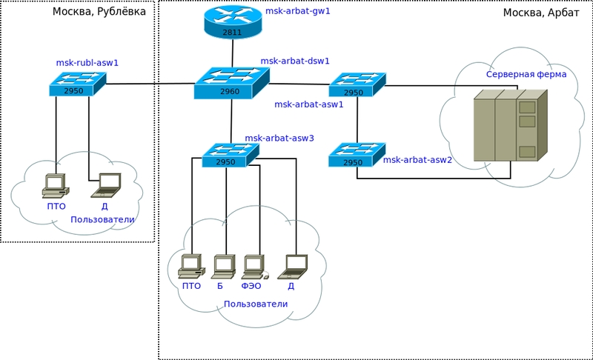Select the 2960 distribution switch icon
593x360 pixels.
click(x=231, y=83)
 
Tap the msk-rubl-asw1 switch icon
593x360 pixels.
click(x=77, y=84)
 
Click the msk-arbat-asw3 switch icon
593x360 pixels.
click(x=230, y=155)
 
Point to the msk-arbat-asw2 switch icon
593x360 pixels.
click(x=357, y=155)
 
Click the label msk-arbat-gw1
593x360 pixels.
click(x=297, y=12)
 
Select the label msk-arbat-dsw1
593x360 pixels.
click(x=295, y=61)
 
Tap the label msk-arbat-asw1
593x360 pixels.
click(x=309, y=104)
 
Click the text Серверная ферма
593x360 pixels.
click(x=526, y=74)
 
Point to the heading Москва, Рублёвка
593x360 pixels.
click(x=99, y=12)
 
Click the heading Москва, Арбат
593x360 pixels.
click(x=541, y=13)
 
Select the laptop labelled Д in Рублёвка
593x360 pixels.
click(x=106, y=184)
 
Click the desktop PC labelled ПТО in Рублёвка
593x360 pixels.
click(x=55, y=185)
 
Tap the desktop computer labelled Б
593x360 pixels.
click(x=223, y=265)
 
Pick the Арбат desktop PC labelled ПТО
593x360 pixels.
click(x=191, y=265)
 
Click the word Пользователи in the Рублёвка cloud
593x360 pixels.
click(x=102, y=220)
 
